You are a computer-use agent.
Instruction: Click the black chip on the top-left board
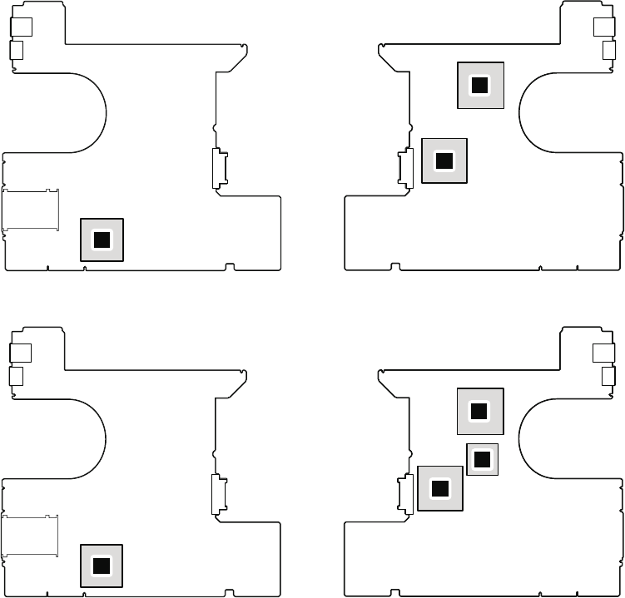click(x=102, y=240)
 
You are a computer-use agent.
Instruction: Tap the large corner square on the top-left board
click(x=21, y=27)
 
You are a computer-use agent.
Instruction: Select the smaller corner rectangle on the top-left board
click(x=16, y=52)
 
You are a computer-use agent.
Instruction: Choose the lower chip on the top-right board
click(x=444, y=160)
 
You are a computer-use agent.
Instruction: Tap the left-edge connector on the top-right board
click(x=407, y=167)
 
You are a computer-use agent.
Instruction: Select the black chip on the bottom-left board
click(x=102, y=566)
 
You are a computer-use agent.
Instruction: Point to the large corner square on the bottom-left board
click(x=21, y=353)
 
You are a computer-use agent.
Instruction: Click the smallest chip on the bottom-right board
click(x=483, y=458)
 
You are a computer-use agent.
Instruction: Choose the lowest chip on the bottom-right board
click(x=440, y=488)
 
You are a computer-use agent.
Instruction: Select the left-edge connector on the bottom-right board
click(x=407, y=493)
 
